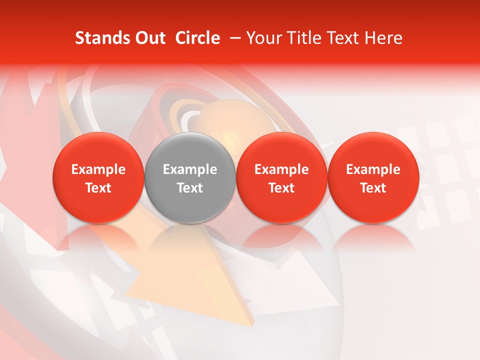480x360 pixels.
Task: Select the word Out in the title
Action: (x=148, y=38)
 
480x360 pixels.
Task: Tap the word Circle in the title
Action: (x=197, y=38)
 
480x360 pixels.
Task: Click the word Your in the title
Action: (x=262, y=38)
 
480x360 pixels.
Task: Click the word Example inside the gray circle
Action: (x=190, y=169)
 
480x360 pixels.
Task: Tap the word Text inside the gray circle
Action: (x=190, y=188)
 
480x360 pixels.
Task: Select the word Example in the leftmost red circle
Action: (x=98, y=169)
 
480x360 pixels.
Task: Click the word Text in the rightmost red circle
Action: (x=373, y=188)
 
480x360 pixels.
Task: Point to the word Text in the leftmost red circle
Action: (x=98, y=188)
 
